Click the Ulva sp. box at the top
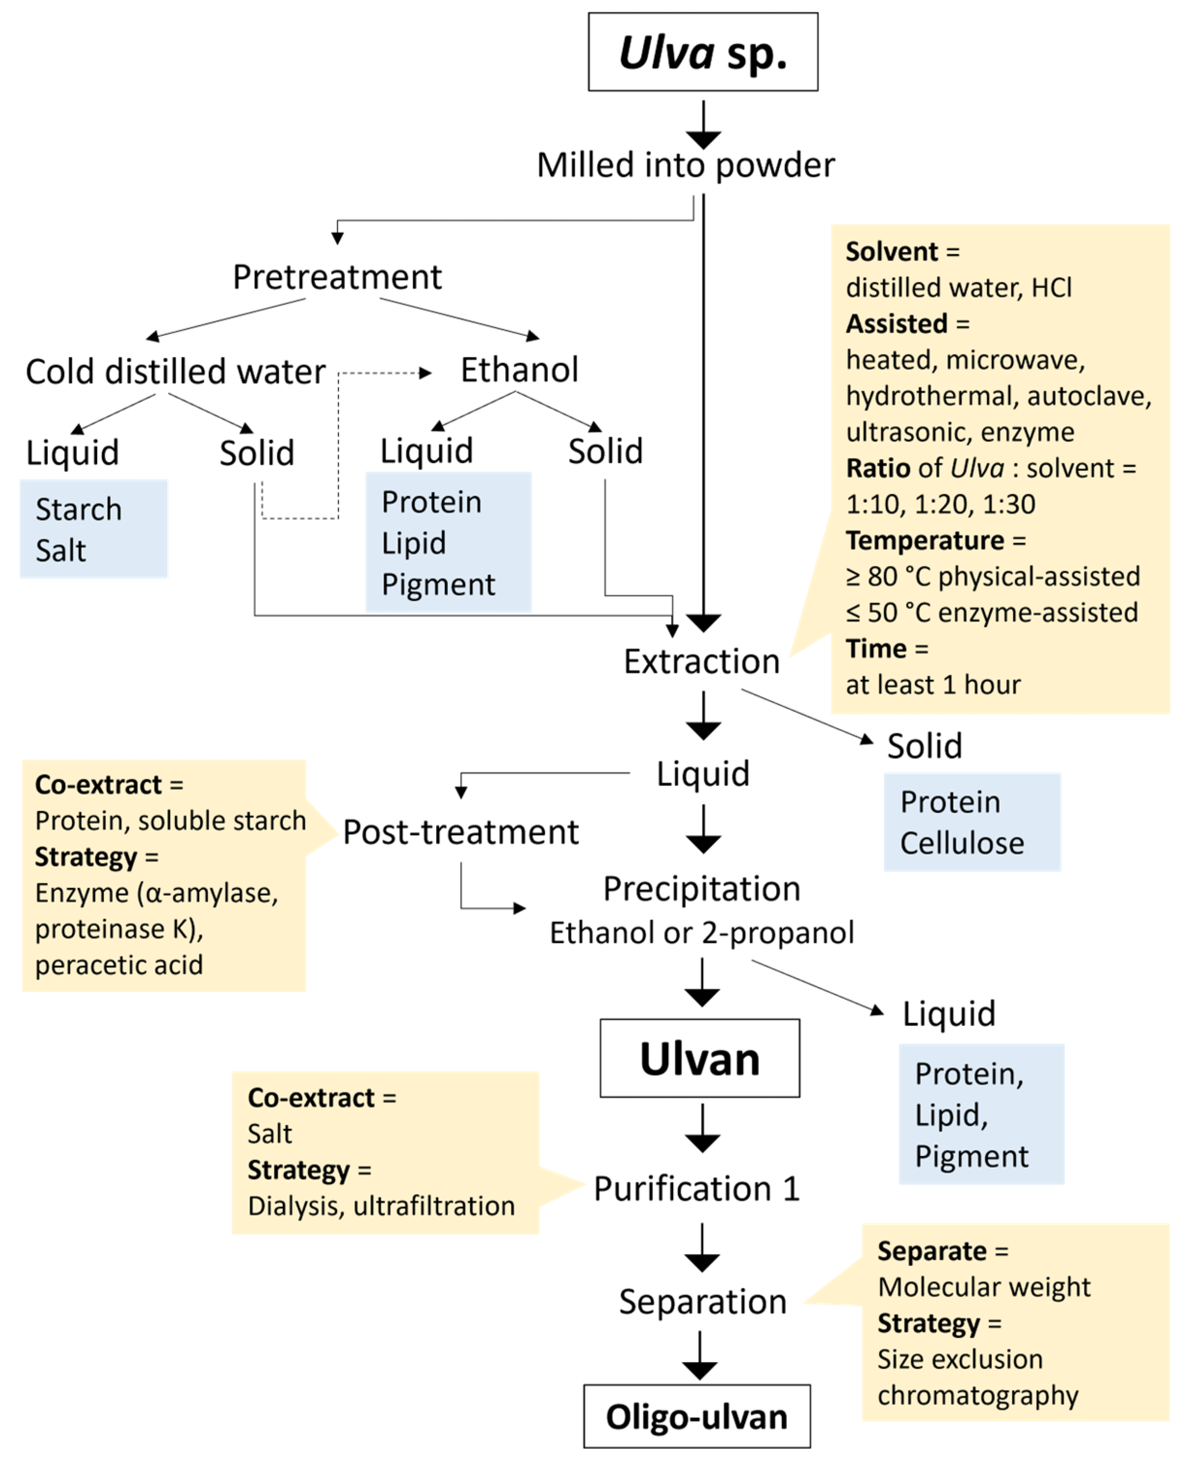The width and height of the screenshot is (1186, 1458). [702, 52]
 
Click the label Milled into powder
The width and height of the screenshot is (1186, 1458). [685, 165]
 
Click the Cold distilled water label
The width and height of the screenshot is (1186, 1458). [176, 372]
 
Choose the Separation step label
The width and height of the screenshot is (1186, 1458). [702, 1302]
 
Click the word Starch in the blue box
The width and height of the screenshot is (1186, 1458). [79, 509]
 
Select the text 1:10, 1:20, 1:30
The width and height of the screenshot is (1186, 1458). [940, 504]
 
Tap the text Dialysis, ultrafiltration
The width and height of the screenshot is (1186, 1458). [381, 1206]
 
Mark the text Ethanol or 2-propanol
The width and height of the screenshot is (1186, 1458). [702, 932]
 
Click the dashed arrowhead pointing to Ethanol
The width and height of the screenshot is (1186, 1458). [425, 373]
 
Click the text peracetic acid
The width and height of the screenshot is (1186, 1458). [119, 965]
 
